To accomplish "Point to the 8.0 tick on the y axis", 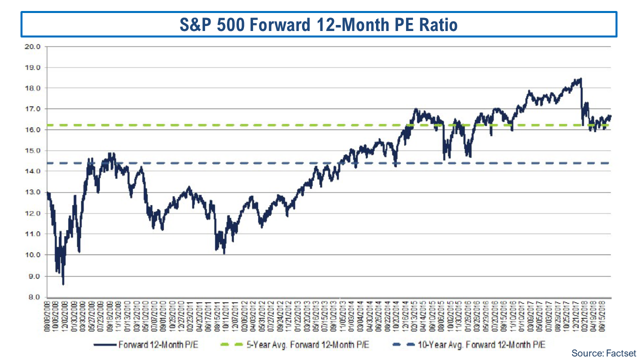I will tap(34, 297).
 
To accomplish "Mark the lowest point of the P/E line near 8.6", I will tap(63, 284).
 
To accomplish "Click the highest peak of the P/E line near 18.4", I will tap(580, 78).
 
